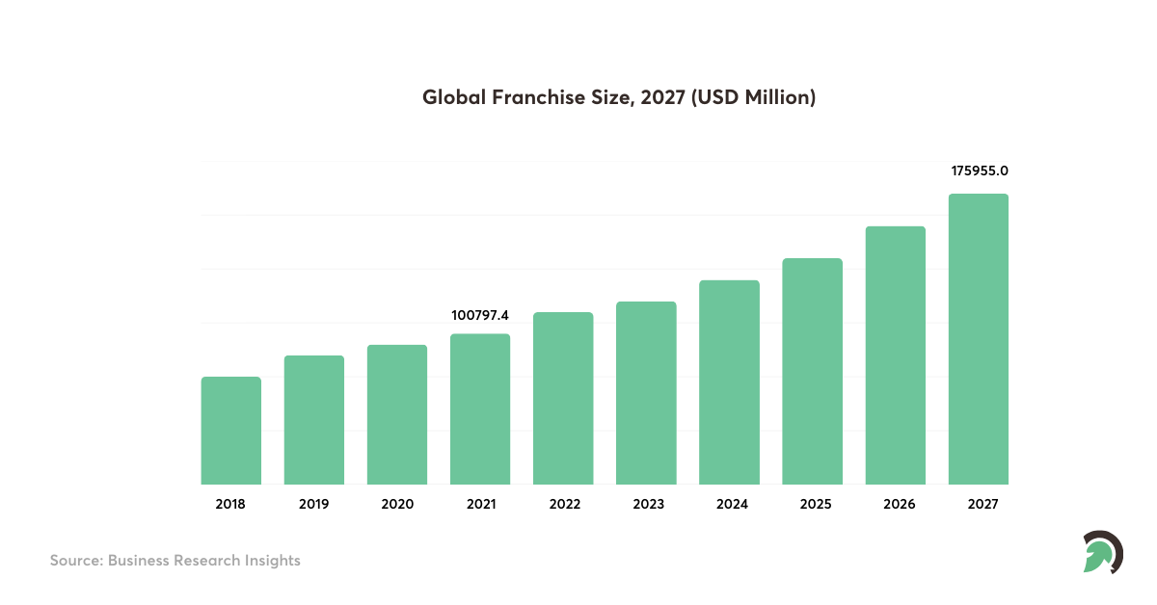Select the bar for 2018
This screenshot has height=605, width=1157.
(x=230, y=431)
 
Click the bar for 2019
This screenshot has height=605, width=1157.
(x=313, y=420)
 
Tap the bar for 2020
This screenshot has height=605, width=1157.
(x=397, y=414)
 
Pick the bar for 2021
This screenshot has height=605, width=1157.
(x=480, y=409)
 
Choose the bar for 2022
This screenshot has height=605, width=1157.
(x=563, y=398)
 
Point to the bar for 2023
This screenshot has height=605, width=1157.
(x=646, y=393)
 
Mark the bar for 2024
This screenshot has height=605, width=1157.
(x=729, y=382)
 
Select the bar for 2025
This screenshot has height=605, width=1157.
(x=812, y=371)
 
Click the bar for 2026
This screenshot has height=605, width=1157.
(x=896, y=355)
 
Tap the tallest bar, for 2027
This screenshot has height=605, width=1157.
(x=979, y=339)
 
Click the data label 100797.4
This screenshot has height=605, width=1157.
(x=480, y=315)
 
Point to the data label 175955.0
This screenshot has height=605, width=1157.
(x=979, y=171)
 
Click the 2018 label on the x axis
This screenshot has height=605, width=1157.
(x=230, y=504)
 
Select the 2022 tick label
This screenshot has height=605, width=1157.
(x=563, y=504)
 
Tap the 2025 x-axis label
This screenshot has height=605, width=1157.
(x=812, y=504)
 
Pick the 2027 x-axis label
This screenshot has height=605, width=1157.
(x=979, y=504)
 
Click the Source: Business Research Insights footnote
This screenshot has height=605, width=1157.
(x=175, y=560)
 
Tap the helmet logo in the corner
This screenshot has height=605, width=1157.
(x=1102, y=552)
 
